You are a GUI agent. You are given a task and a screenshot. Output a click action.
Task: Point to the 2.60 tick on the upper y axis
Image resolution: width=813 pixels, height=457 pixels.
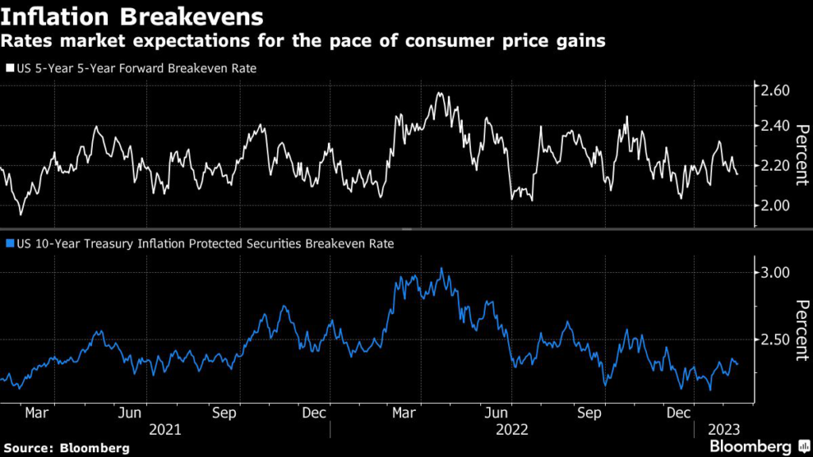pos(775,90)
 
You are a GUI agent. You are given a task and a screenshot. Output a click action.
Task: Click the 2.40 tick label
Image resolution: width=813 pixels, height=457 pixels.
pos(775,126)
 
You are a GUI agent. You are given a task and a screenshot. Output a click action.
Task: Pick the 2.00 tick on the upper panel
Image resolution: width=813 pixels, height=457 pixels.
pos(775,205)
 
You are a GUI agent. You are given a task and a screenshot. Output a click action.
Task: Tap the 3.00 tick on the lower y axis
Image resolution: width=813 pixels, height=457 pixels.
pos(775,272)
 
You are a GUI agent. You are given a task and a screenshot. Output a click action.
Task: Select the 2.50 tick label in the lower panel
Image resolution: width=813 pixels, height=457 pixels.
pos(775,340)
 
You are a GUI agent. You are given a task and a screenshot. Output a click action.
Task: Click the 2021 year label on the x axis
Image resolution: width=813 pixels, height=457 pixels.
pos(164,429)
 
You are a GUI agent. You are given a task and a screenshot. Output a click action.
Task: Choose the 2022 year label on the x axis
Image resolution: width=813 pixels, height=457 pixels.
pos(512,429)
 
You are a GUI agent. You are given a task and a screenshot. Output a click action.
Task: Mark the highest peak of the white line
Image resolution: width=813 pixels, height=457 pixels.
pos(438,93)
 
